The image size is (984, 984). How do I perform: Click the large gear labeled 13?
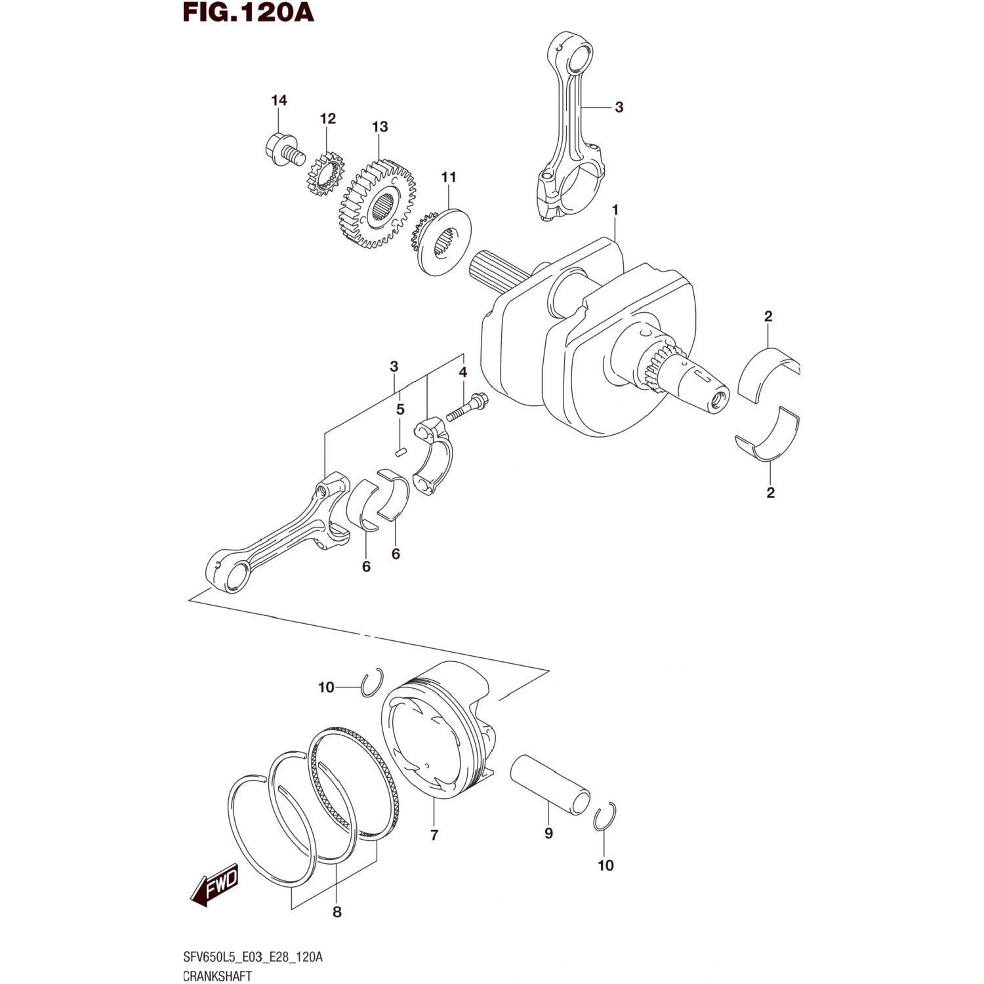pos(379,203)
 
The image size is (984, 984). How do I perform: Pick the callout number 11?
pos(449,177)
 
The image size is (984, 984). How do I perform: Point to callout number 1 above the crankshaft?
pos(615,210)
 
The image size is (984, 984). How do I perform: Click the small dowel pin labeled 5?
pos(401,451)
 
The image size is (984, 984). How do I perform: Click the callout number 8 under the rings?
pos(337,912)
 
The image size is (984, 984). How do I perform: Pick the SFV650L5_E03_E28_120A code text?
pos(253,957)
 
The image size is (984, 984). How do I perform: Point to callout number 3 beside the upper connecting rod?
pos(619,107)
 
